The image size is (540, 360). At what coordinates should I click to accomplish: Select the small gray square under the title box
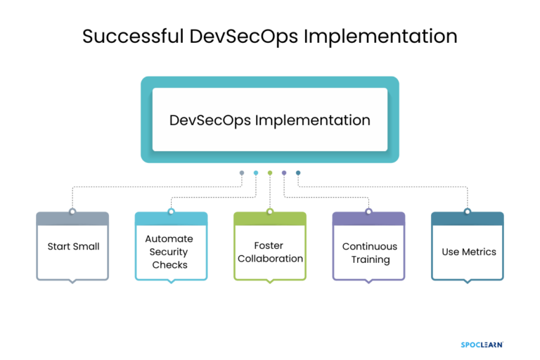242,173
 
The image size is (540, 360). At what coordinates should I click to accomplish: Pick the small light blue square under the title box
256,173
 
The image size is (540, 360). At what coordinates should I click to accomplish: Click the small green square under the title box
270,173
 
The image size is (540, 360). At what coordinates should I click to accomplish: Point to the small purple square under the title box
284,173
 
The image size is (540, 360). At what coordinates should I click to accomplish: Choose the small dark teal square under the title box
298,173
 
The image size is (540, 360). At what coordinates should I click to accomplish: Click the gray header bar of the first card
72,219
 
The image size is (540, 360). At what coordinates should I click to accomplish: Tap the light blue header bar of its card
171,219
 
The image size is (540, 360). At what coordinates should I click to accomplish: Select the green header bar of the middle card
270,219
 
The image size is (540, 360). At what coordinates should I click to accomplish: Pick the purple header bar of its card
368,219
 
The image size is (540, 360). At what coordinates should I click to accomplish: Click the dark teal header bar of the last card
467,219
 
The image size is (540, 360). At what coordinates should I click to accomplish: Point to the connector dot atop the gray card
72,211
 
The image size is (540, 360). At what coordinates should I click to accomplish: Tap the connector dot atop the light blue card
171,211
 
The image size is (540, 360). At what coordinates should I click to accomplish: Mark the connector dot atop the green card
270,211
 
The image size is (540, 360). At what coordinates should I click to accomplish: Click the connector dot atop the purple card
368,211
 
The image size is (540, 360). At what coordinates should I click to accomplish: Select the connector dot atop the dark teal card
467,211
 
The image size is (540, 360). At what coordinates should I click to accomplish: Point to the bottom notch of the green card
270,282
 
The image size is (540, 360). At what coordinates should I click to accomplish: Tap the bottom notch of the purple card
368,282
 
